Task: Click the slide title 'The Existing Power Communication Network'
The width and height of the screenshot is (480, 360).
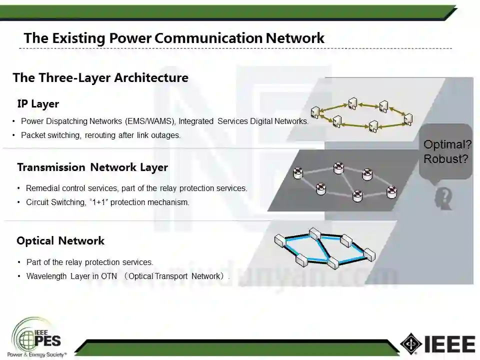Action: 174,38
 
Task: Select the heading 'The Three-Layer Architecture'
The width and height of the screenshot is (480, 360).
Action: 100,78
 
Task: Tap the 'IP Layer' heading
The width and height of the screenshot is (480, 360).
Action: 38,104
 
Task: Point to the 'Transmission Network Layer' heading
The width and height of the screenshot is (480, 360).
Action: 92,167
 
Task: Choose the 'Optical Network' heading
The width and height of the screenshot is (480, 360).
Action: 60,241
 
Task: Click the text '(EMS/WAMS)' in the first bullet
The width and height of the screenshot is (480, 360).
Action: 151,121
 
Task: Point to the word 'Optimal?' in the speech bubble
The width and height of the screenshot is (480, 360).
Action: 447,145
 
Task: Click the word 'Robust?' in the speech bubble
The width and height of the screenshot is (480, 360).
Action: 446,159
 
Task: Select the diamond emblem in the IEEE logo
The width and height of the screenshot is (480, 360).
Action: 411,344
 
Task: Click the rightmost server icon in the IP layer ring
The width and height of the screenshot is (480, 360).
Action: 408,119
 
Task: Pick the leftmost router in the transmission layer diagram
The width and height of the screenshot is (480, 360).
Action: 298,173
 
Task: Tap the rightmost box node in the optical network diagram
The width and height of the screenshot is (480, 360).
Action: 369,253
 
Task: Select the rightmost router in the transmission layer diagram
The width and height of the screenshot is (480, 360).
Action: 391,190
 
